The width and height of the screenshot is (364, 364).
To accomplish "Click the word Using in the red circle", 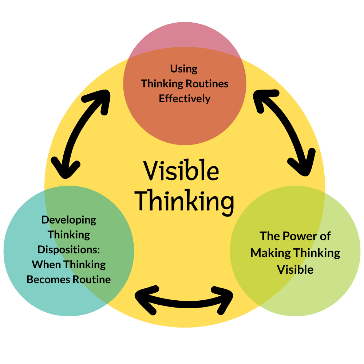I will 184,69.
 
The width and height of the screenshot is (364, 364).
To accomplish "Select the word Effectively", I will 185,99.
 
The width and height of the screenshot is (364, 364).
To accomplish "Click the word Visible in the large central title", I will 181,171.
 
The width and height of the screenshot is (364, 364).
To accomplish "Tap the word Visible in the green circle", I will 295,269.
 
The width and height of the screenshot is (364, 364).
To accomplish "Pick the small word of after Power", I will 325,236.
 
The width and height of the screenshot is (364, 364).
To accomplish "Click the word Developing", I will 69,220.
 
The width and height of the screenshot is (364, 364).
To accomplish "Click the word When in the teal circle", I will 45,265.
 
